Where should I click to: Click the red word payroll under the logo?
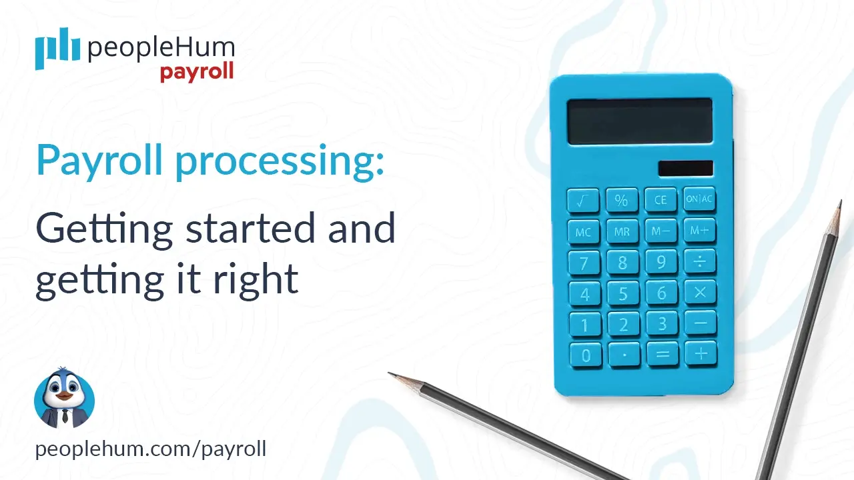(x=197, y=71)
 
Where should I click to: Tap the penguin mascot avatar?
(x=64, y=399)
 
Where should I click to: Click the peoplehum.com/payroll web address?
(x=151, y=449)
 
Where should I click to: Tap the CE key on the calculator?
(x=661, y=199)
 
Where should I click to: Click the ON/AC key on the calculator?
(x=699, y=199)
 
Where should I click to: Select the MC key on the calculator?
(x=583, y=231)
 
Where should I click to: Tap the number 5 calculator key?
(x=622, y=293)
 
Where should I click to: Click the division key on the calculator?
(x=700, y=261)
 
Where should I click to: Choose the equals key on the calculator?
(x=662, y=355)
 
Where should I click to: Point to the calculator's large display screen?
(x=639, y=121)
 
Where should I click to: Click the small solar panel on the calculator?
(x=685, y=168)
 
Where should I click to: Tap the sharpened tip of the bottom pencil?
(x=394, y=375)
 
